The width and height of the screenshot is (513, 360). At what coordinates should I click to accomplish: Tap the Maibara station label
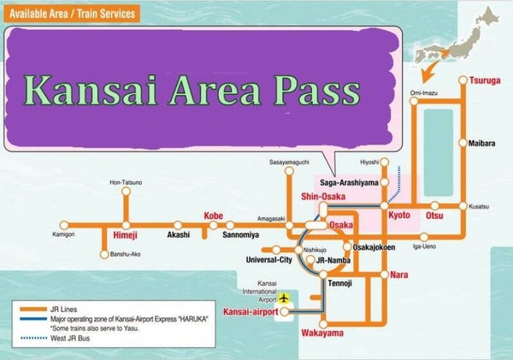point(483,143)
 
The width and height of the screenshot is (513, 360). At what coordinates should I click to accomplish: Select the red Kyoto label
point(400,215)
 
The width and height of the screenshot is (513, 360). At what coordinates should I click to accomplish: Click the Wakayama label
point(322,333)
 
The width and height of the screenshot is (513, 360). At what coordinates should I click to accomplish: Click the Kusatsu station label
point(481,206)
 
